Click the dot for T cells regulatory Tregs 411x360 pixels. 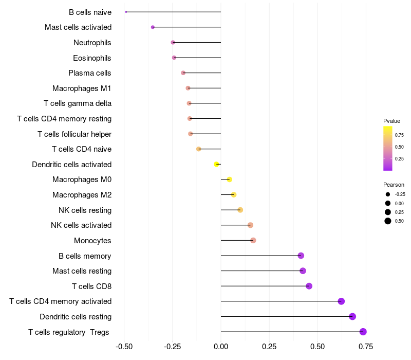pyautogui.click(x=363, y=332)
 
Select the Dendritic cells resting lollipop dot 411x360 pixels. pyautogui.click(x=352, y=316)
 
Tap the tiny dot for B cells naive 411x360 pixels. pyautogui.click(x=126, y=12)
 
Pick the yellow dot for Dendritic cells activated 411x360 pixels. pyautogui.click(x=216, y=164)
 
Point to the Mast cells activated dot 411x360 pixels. pyautogui.click(x=153, y=27)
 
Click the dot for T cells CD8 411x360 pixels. pyautogui.click(x=309, y=286)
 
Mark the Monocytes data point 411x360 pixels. pyautogui.click(x=253, y=240)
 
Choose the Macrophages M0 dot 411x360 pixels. pyautogui.click(x=229, y=179)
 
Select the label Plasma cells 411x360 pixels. pyautogui.click(x=90, y=73)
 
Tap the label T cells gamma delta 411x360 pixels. pyautogui.click(x=78, y=103)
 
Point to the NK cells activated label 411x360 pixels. pyautogui.click(x=81, y=225)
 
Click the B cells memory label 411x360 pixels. pyautogui.click(x=85, y=256)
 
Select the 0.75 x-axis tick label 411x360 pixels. pyautogui.click(x=366, y=347)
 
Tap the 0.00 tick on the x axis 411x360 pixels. pyautogui.click(x=221, y=347)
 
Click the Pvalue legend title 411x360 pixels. pyautogui.click(x=391, y=121)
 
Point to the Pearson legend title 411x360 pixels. pyautogui.click(x=394, y=185)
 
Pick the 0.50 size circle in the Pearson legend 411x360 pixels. pyautogui.click(x=388, y=221)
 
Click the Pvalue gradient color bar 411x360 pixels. pyautogui.click(x=388, y=148)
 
